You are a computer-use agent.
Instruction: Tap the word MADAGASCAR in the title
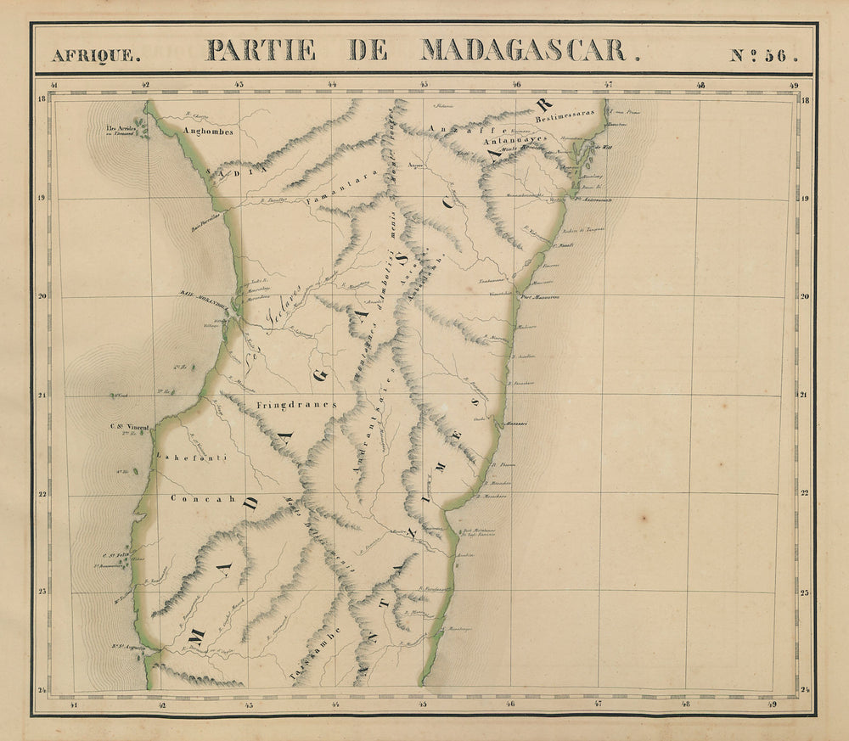(524, 51)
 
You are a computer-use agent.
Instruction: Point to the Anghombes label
(202, 132)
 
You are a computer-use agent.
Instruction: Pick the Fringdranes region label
(295, 405)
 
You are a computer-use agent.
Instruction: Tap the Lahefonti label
(181, 458)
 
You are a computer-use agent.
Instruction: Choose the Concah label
(202, 499)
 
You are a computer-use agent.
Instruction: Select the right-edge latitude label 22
(804, 493)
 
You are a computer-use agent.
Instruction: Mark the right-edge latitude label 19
(804, 198)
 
